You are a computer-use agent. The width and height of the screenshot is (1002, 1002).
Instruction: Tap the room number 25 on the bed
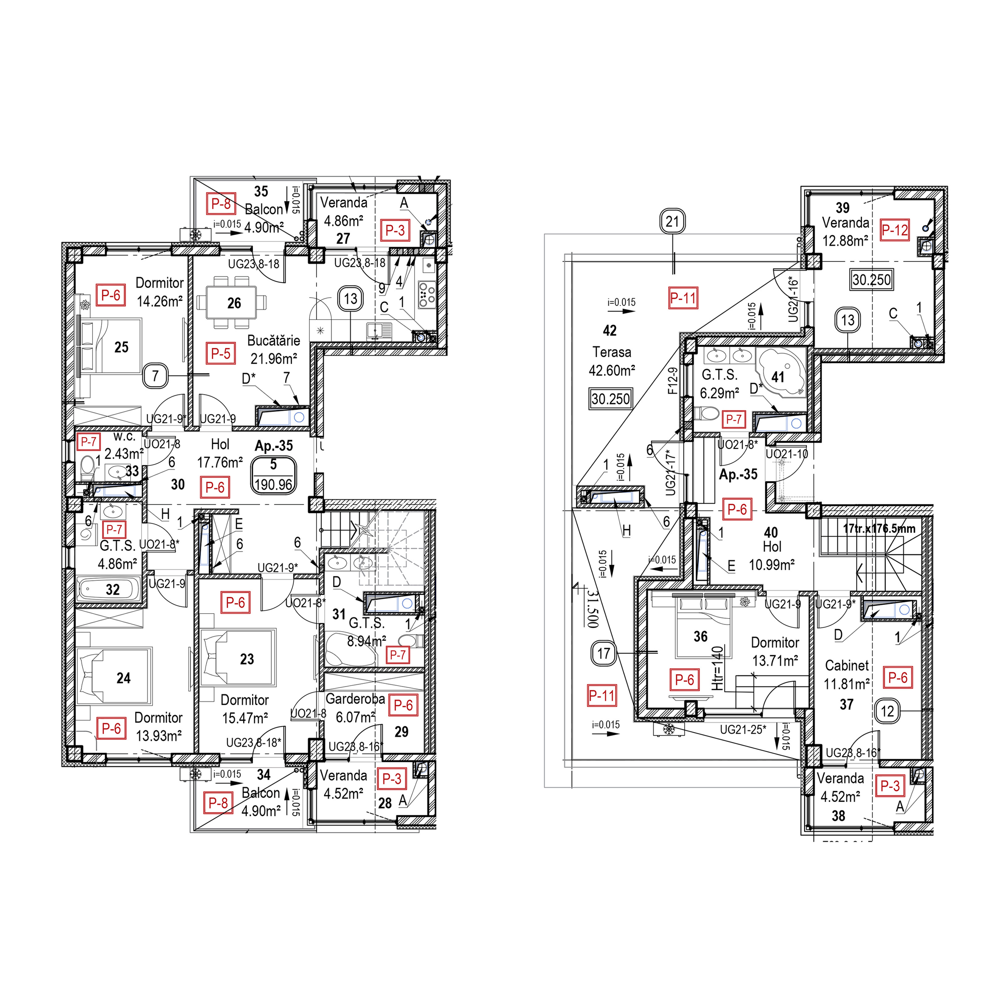pyautogui.click(x=121, y=347)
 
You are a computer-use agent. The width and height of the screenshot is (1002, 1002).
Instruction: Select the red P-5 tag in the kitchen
pyautogui.click(x=220, y=354)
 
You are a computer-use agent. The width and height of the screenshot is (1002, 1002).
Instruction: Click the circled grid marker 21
pyautogui.click(x=672, y=222)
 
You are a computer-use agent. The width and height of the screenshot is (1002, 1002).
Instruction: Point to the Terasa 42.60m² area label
pyautogui.click(x=612, y=362)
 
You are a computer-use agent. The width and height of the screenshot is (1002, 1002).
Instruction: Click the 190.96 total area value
pyautogui.click(x=273, y=485)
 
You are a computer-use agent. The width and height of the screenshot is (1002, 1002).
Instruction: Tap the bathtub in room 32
pyautogui.click(x=108, y=589)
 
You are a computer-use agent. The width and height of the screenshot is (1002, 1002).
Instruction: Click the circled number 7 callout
pyautogui.click(x=155, y=376)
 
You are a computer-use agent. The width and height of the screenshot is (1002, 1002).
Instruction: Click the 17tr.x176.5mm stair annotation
pyautogui.click(x=879, y=529)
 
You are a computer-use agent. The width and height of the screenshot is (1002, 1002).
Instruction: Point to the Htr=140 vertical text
pyautogui.click(x=717, y=668)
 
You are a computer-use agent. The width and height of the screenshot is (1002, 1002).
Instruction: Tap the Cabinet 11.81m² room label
pyautogui.click(x=846, y=675)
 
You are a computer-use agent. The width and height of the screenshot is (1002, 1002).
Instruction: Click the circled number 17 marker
pyautogui.click(x=604, y=653)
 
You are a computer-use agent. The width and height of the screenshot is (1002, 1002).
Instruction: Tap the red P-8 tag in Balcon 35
pyautogui.click(x=220, y=204)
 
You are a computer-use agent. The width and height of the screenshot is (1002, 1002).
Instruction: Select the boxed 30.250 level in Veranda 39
pyautogui.click(x=871, y=280)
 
